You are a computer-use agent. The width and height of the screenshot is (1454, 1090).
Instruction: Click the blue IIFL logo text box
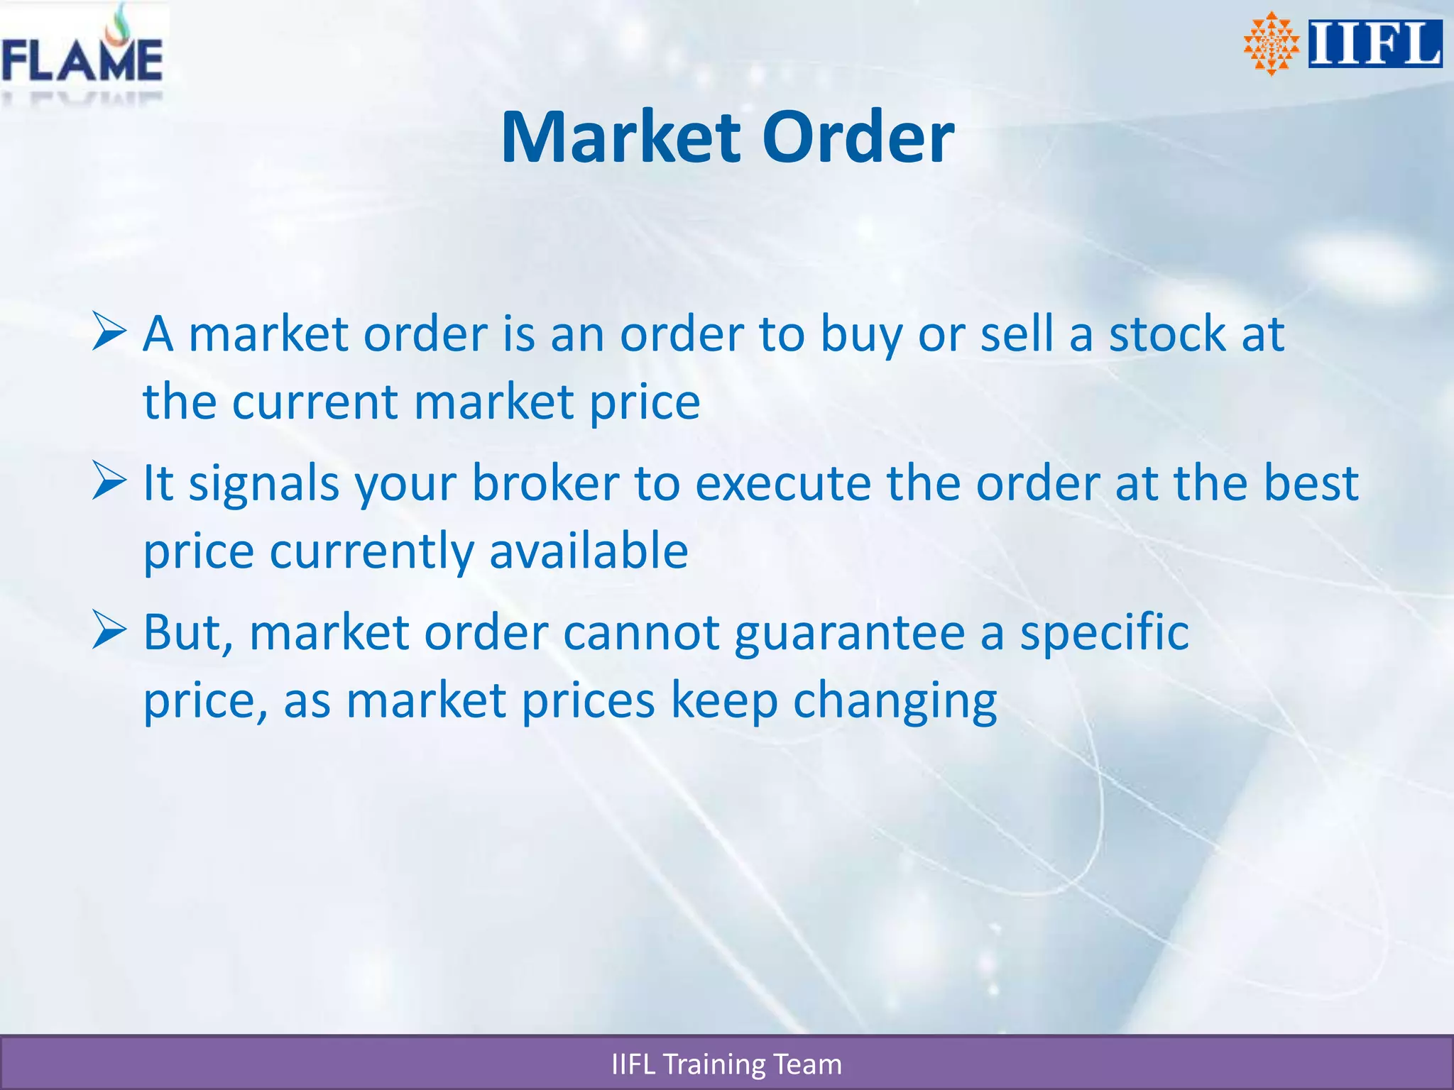coord(1374,44)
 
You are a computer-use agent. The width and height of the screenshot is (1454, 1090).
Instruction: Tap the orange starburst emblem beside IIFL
coord(1271,44)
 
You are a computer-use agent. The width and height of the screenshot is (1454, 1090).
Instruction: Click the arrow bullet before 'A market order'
coord(109,333)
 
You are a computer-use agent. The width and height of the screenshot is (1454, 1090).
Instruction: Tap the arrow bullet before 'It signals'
coord(109,482)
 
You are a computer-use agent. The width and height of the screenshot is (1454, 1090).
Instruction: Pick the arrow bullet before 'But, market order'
coord(109,632)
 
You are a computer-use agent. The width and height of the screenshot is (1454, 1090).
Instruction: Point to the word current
coord(315,402)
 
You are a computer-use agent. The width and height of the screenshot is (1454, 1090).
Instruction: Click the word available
coord(589,551)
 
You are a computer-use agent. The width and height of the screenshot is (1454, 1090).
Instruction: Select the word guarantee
coord(849,633)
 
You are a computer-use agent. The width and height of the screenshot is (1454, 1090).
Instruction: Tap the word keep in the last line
coord(723,701)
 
